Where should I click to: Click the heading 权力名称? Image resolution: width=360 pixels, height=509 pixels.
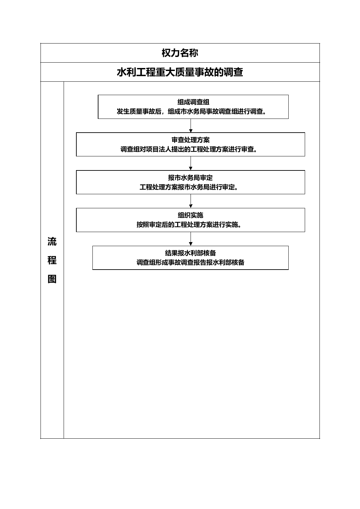click(180, 53)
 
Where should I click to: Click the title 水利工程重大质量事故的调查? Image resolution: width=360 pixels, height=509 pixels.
click(180, 72)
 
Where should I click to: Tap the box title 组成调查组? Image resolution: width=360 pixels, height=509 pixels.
click(193, 102)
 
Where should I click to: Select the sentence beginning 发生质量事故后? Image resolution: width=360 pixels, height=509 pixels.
click(191, 111)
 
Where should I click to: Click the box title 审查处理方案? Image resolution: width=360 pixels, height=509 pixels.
click(191, 140)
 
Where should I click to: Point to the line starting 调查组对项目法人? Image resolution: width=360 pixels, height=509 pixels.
click(189, 149)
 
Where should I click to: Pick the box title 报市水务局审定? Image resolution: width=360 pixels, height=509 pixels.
click(191, 177)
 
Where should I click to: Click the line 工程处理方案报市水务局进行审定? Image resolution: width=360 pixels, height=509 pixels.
click(189, 187)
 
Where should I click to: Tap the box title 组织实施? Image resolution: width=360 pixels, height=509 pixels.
click(191, 215)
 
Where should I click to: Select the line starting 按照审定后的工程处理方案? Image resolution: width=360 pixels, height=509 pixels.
click(189, 224)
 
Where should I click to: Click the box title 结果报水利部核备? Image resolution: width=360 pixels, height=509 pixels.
click(191, 253)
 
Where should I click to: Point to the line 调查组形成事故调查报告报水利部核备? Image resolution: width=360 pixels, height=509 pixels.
click(191, 263)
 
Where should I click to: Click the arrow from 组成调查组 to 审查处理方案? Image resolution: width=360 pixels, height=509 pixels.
click(191, 126)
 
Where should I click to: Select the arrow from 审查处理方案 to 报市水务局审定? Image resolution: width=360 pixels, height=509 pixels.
click(191, 163)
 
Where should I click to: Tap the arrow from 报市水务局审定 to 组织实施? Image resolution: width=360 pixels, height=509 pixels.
click(191, 201)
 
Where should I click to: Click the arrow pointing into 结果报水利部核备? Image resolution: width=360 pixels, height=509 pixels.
click(191, 239)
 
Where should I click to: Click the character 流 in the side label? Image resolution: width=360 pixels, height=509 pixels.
click(52, 241)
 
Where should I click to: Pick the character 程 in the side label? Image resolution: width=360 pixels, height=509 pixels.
click(52, 260)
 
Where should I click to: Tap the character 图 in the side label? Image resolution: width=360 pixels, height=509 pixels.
click(52, 279)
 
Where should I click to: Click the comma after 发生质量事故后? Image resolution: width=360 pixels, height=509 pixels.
click(163, 113)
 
